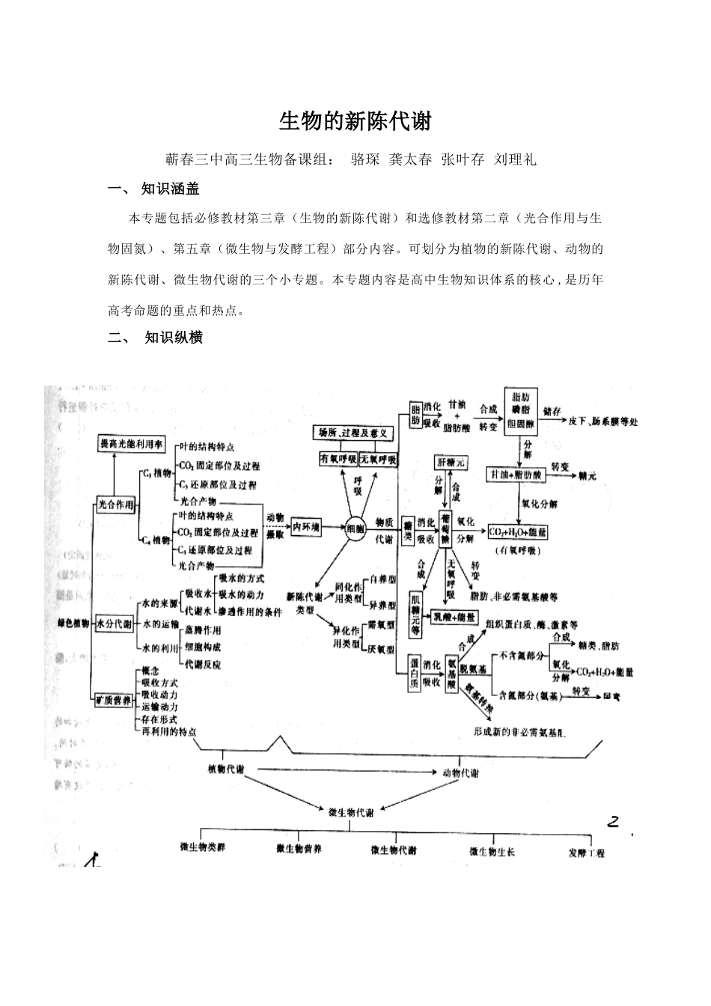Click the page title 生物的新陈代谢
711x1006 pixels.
355,121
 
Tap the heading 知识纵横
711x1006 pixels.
174,337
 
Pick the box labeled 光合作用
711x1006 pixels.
116,505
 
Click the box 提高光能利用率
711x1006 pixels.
132,444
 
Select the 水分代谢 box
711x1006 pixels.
114,624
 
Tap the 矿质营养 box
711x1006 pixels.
114,701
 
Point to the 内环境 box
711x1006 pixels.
307,528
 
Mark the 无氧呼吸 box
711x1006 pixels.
378,458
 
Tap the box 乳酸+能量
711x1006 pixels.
453,617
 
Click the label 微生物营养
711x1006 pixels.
299,849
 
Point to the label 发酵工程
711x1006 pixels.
586,853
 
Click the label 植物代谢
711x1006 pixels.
230,769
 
